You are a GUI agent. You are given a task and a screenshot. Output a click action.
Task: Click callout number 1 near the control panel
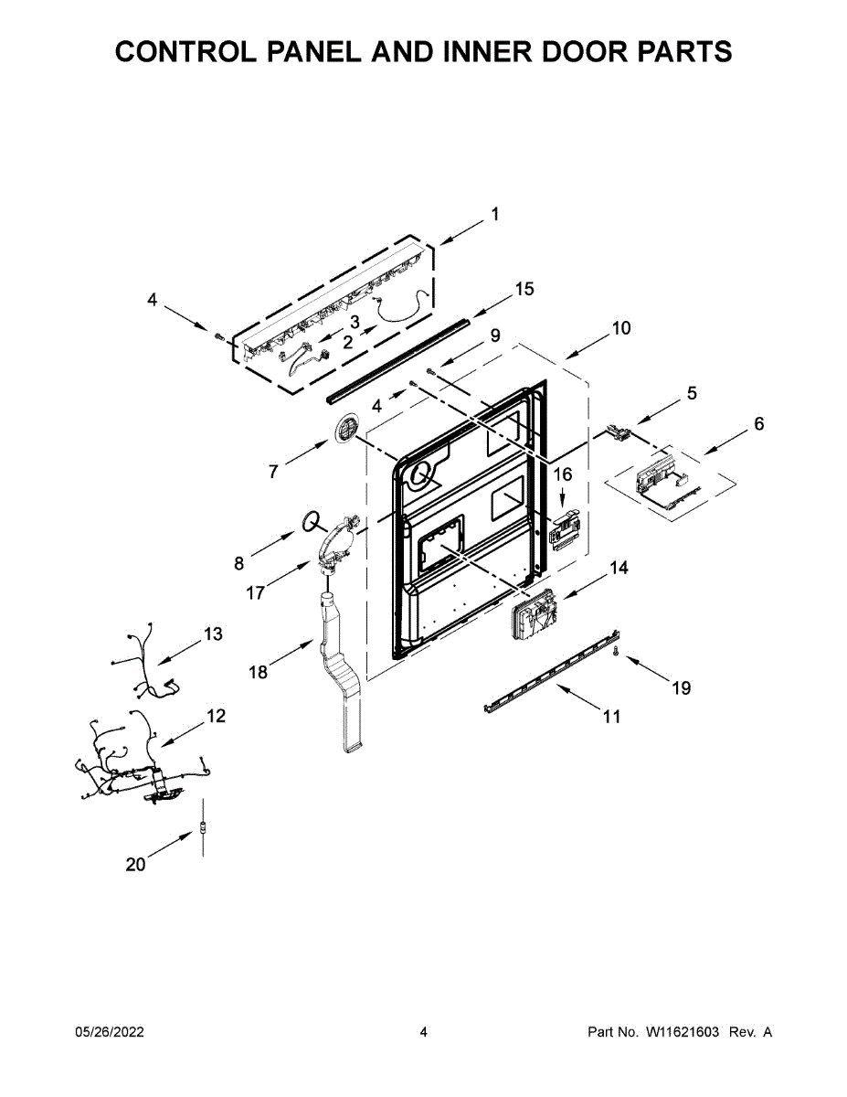494,215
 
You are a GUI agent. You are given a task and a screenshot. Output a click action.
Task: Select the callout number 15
524,289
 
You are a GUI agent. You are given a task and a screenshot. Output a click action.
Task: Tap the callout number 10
620,328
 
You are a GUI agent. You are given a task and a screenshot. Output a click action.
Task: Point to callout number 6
758,424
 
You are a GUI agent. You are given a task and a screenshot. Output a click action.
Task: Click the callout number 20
135,864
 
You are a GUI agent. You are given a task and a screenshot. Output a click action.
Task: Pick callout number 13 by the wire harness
213,634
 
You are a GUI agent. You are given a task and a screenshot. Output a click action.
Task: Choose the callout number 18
259,672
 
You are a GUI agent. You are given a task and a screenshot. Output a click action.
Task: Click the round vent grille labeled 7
348,428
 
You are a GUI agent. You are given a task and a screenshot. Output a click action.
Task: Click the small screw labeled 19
617,651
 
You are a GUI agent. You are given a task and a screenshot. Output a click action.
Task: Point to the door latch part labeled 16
565,527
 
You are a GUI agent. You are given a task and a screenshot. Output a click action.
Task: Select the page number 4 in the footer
423,1032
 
